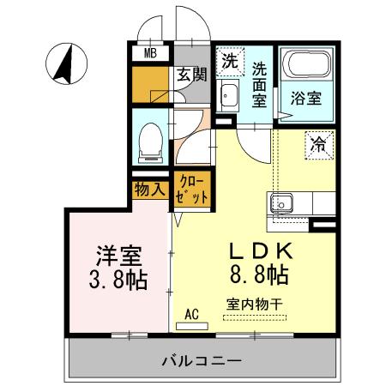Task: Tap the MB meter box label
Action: (150, 53)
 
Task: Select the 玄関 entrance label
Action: (191, 75)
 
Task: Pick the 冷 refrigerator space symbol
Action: (319, 143)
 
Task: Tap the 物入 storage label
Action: (149, 188)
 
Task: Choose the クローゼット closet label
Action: (192, 189)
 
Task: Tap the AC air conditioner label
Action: (192, 313)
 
